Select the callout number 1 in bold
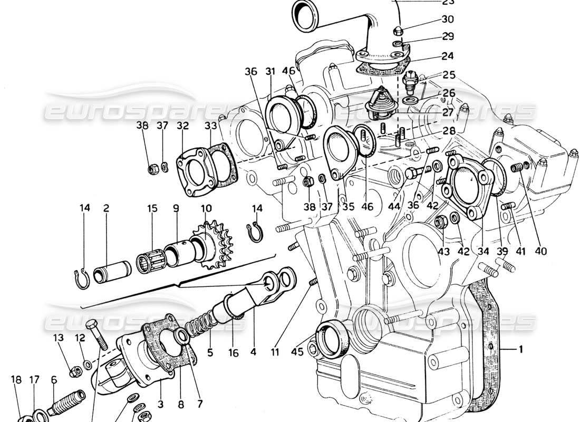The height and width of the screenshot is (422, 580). coord(520,349)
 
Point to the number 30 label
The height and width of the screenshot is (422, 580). coord(447,20)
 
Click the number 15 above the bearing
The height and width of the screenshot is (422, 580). coord(152,208)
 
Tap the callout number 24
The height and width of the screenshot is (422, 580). coord(448,55)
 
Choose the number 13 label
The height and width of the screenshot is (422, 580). coord(58,337)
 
